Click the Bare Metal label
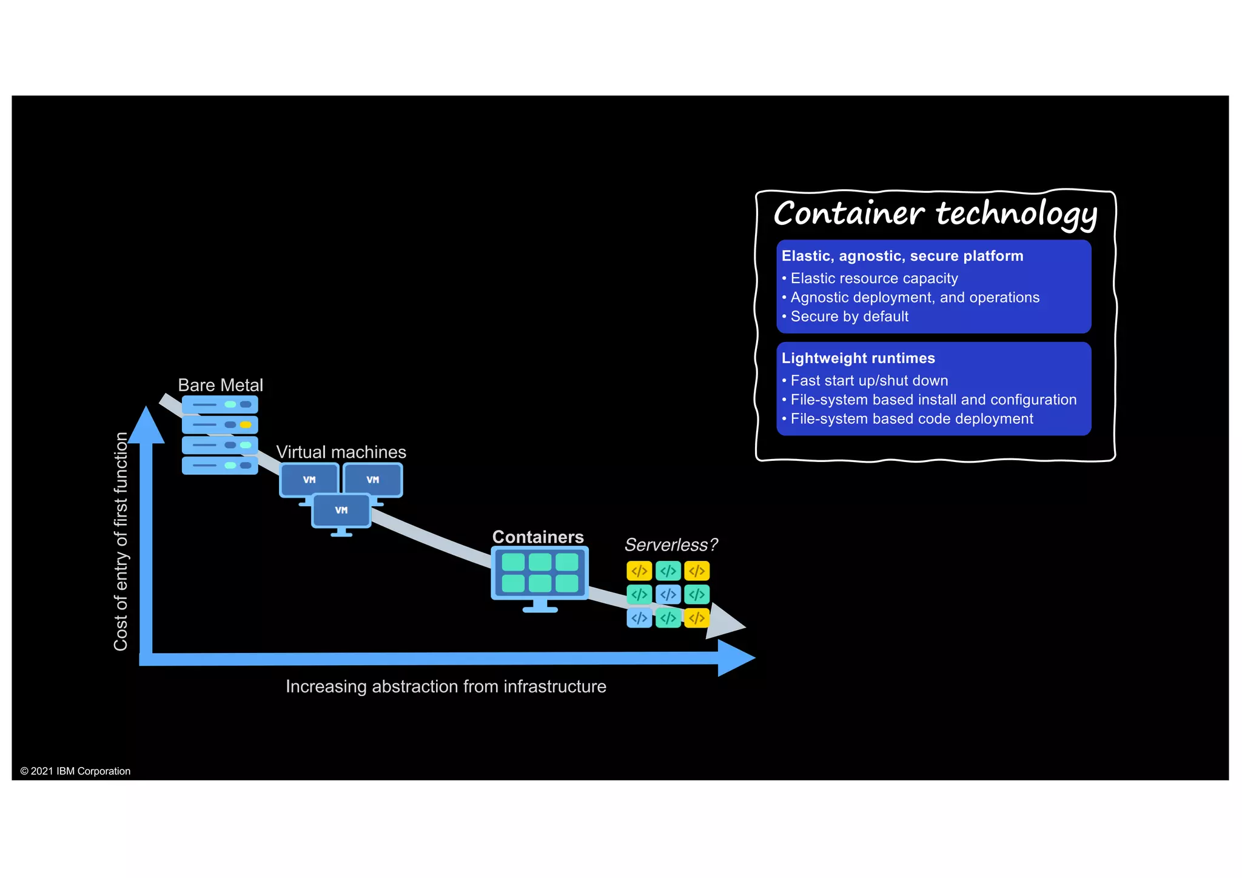pos(220,385)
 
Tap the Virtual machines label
pos(341,452)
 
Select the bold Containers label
pos(537,537)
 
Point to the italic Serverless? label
pos(671,545)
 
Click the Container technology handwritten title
pos(935,214)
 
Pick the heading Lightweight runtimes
pos(858,358)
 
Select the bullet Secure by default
pos(848,317)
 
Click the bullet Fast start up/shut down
pos(868,381)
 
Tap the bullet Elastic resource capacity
pos(873,278)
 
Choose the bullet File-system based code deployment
pos(911,419)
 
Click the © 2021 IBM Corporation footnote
pos(75,771)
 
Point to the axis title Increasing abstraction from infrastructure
pos(446,686)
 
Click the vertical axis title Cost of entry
pos(121,541)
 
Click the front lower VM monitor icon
pos(341,511)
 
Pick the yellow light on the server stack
pos(246,424)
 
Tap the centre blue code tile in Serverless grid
pos(668,594)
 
